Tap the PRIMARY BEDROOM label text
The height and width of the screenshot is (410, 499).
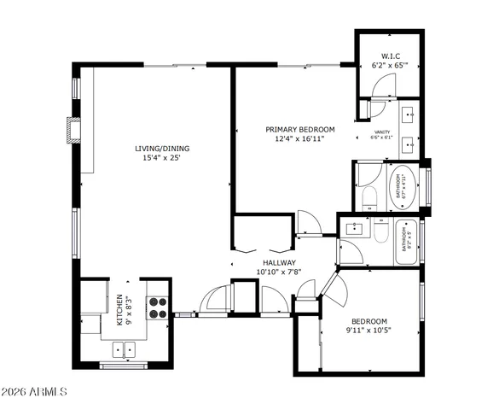(x=299, y=129)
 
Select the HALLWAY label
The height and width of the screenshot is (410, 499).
(x=278, y=263)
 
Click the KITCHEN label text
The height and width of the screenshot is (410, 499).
(x=119, y=309)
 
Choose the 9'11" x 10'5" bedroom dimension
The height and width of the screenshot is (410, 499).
(x=369, y=329)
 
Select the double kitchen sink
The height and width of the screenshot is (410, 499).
(x=124, y=348)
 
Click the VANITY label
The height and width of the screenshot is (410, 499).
(x=380, y=132)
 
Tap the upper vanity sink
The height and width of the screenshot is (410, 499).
(x=408, y=112)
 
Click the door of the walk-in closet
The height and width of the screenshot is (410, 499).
(x=384, y=85)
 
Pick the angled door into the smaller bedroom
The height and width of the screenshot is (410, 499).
(x=335, y=290)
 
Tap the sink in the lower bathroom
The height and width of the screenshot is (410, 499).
(x=353, y=227)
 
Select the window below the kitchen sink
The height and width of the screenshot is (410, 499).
(x=123, y=366)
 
